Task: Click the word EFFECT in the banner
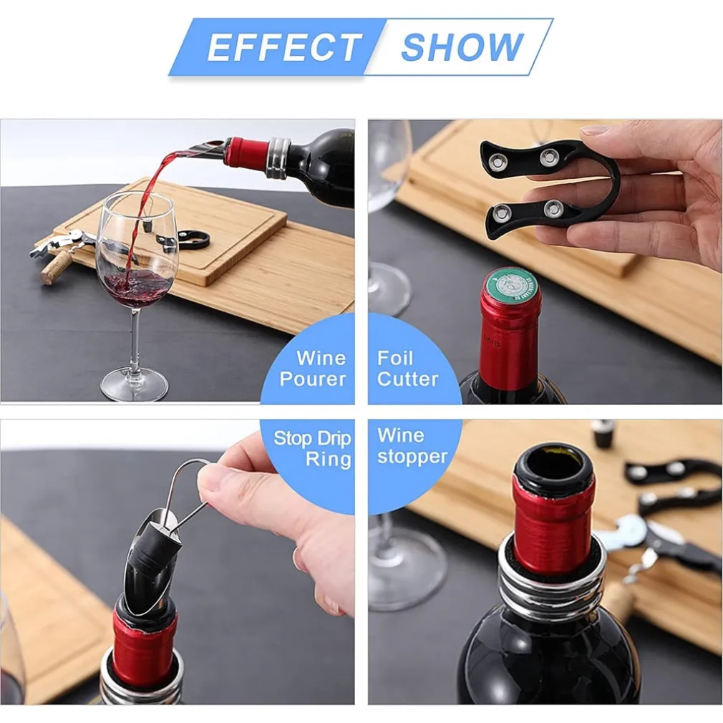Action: coord(283,47)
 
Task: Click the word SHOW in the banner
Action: coord(462,47)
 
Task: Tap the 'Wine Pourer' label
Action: coord(314,369)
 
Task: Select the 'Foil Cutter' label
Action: coord(407,369)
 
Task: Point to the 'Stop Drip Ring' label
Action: coord(313,448)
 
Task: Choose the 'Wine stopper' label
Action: coord(412,446)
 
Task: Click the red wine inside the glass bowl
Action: coord(135,286)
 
